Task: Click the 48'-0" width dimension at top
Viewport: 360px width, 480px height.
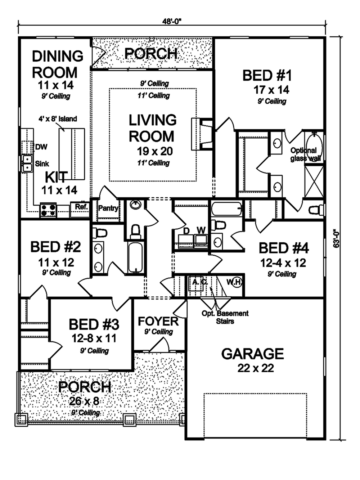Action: pos(171,21)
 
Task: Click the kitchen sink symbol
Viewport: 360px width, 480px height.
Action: pos(27,163)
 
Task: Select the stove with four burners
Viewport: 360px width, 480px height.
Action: pos(48,210)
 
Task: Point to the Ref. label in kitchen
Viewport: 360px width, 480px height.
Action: pos(81,207)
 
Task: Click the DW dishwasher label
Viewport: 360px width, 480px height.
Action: pos(41,147)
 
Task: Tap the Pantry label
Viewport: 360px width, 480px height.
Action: pos(108,208)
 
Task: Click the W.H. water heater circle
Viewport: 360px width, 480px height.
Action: pos(234,282)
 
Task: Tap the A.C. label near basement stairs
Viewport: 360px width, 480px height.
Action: pos(199,282)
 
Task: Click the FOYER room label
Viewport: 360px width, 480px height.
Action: pos(158,321)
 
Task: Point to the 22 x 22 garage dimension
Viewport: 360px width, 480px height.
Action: pos(256,368)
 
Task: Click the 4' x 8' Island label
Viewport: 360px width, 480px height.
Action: pos(58,119)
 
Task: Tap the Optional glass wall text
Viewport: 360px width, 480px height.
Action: pos(304,154)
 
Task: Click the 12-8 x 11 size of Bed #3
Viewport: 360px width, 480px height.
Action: pos(94,338)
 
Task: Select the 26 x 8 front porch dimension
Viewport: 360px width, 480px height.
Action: pos(84,401)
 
